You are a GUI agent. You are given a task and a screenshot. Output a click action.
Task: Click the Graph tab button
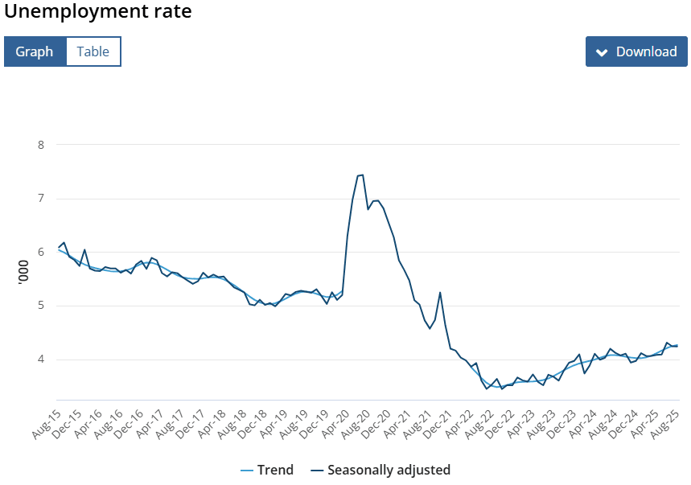35,51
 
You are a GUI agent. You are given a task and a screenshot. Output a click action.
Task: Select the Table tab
93,51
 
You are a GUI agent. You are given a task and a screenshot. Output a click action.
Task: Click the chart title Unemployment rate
98,13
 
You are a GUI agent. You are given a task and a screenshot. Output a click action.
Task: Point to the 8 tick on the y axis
40,145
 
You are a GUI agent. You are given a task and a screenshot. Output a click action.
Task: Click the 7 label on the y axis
40,199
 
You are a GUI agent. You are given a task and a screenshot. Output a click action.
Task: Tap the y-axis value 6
40,252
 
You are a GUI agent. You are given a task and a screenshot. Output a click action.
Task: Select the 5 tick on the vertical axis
40,306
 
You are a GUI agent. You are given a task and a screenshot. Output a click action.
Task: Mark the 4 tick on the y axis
40,359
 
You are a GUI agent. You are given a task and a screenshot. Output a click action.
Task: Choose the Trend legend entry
267,470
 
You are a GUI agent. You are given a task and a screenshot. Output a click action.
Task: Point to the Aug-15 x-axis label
47,423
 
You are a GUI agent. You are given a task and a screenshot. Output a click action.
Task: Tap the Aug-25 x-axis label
664,423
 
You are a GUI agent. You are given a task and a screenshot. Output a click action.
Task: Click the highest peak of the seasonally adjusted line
362,175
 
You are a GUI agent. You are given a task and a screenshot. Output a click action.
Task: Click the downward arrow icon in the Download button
602,52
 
